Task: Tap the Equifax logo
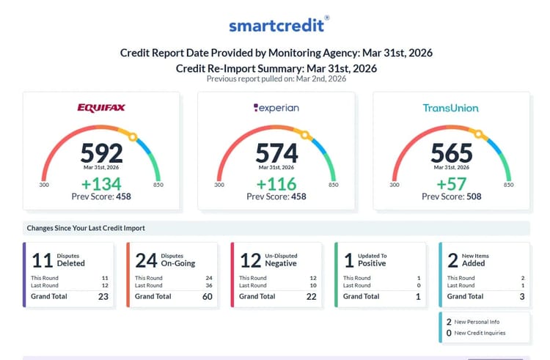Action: pos(101,108)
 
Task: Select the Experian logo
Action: pos(276,108)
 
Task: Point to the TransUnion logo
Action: pos(450,108)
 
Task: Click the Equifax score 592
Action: pos(101,153)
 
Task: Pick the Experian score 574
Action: pos(276,153)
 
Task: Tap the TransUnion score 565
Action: pos(451,153)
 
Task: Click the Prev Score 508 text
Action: pos(451,196)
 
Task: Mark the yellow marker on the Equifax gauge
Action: pos(133,136)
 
